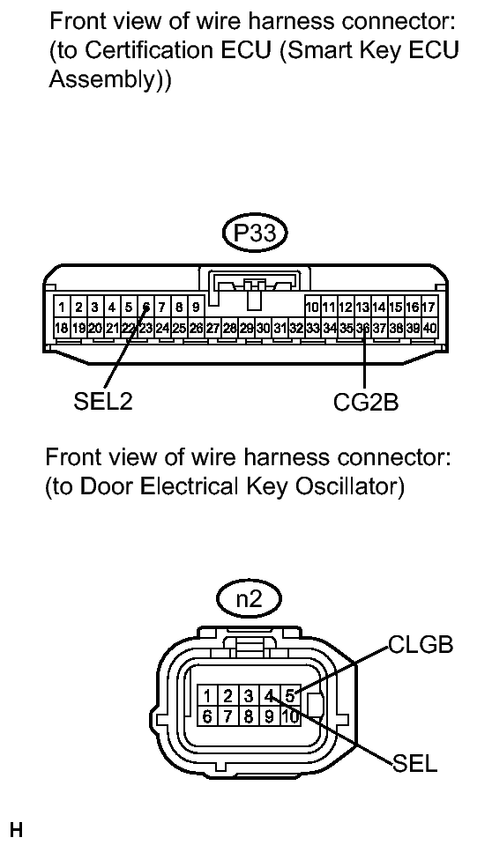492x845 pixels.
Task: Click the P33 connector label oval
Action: point(256,233)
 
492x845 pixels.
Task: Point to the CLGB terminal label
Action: point(421,646)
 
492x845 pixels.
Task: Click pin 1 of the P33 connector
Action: point(62,308)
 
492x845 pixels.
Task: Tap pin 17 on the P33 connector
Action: point(429,308)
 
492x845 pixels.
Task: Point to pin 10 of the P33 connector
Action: point(311,308)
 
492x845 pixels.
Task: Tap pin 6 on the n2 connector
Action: point(205,716)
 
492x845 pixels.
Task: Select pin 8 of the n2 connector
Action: point(250,716)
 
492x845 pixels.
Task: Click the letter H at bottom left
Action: point(14,829)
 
